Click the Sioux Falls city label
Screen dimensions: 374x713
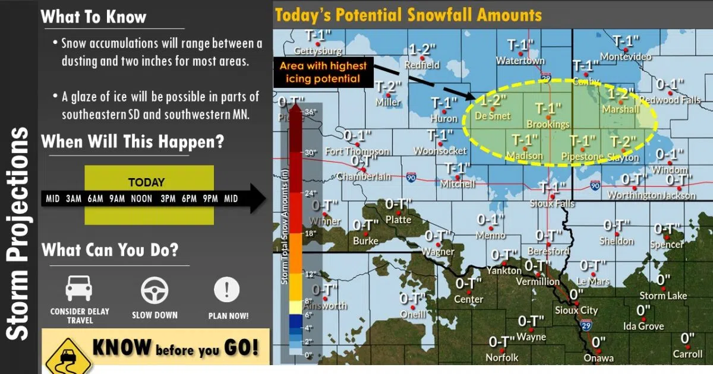point(552,204)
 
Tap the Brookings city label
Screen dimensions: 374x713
point(548,125)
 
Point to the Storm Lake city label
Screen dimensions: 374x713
point(663,296)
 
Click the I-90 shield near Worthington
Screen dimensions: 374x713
point(595,186)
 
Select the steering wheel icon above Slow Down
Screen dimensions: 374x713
point(154,290)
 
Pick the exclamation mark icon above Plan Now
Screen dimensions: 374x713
point(227,290)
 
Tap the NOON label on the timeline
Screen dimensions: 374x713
point(141,199)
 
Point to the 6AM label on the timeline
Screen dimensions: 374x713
point(95,199)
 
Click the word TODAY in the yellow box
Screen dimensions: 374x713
point(146,183)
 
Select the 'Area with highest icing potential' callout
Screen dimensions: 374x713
point(323,72)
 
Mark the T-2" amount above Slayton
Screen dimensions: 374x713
point(623,142)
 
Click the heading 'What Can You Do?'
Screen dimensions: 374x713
point(109,249)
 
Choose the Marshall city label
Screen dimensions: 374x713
point(620,110)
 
